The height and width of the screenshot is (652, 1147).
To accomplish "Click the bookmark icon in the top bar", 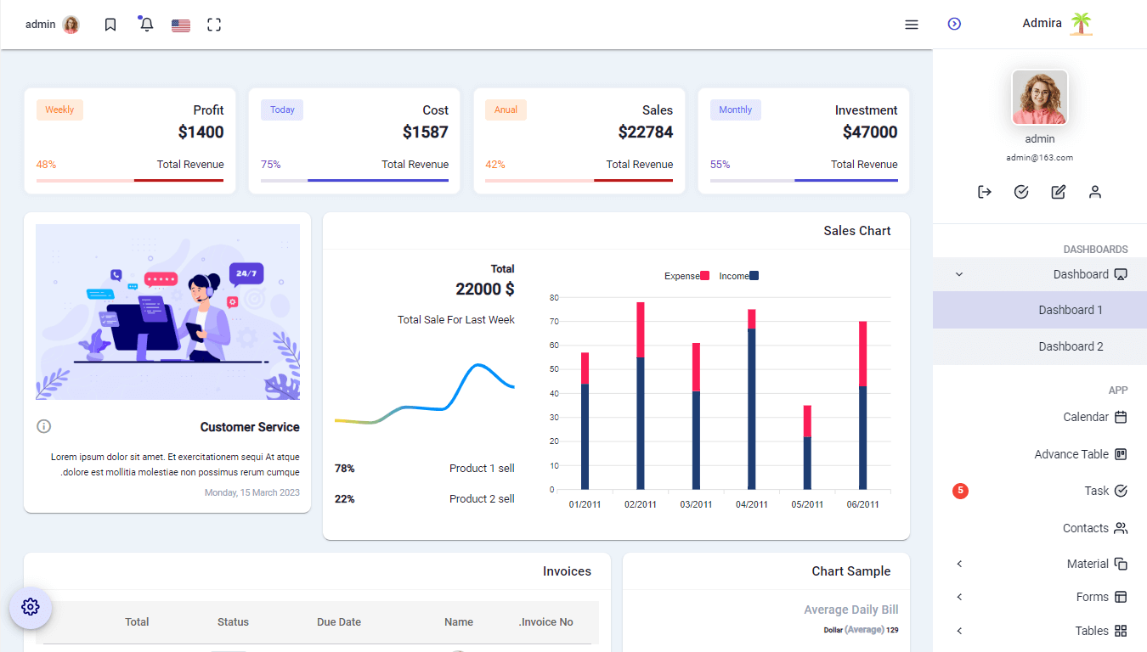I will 110,25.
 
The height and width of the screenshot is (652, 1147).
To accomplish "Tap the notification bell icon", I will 146,25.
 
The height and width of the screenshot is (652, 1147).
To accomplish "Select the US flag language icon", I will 180,25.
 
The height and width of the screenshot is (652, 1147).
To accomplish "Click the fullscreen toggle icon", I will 214,25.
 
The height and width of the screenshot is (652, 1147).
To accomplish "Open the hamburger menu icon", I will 912,25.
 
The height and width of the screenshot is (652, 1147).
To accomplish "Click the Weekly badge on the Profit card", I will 59,110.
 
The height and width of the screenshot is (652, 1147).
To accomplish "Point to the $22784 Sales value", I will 645,132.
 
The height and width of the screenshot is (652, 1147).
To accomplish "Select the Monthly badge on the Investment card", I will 735,110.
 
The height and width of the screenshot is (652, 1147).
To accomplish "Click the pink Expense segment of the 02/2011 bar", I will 640,329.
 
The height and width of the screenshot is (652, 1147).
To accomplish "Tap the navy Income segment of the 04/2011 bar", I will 751,407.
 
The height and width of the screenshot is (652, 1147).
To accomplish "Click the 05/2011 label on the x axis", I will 807,504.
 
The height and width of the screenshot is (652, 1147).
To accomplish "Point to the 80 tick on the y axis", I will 553,298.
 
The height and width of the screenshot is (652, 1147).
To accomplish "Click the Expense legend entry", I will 687,276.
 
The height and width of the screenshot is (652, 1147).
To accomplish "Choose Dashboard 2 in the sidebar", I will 1071,346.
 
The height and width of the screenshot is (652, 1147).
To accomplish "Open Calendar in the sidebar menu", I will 1086,417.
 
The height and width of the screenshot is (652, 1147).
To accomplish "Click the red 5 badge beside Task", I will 960,491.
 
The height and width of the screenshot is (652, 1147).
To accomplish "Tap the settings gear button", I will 31,607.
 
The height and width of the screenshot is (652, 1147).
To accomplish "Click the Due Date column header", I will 339,622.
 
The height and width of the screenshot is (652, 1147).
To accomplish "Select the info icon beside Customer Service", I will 44,426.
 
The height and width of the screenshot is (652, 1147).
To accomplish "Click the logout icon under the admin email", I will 985,192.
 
